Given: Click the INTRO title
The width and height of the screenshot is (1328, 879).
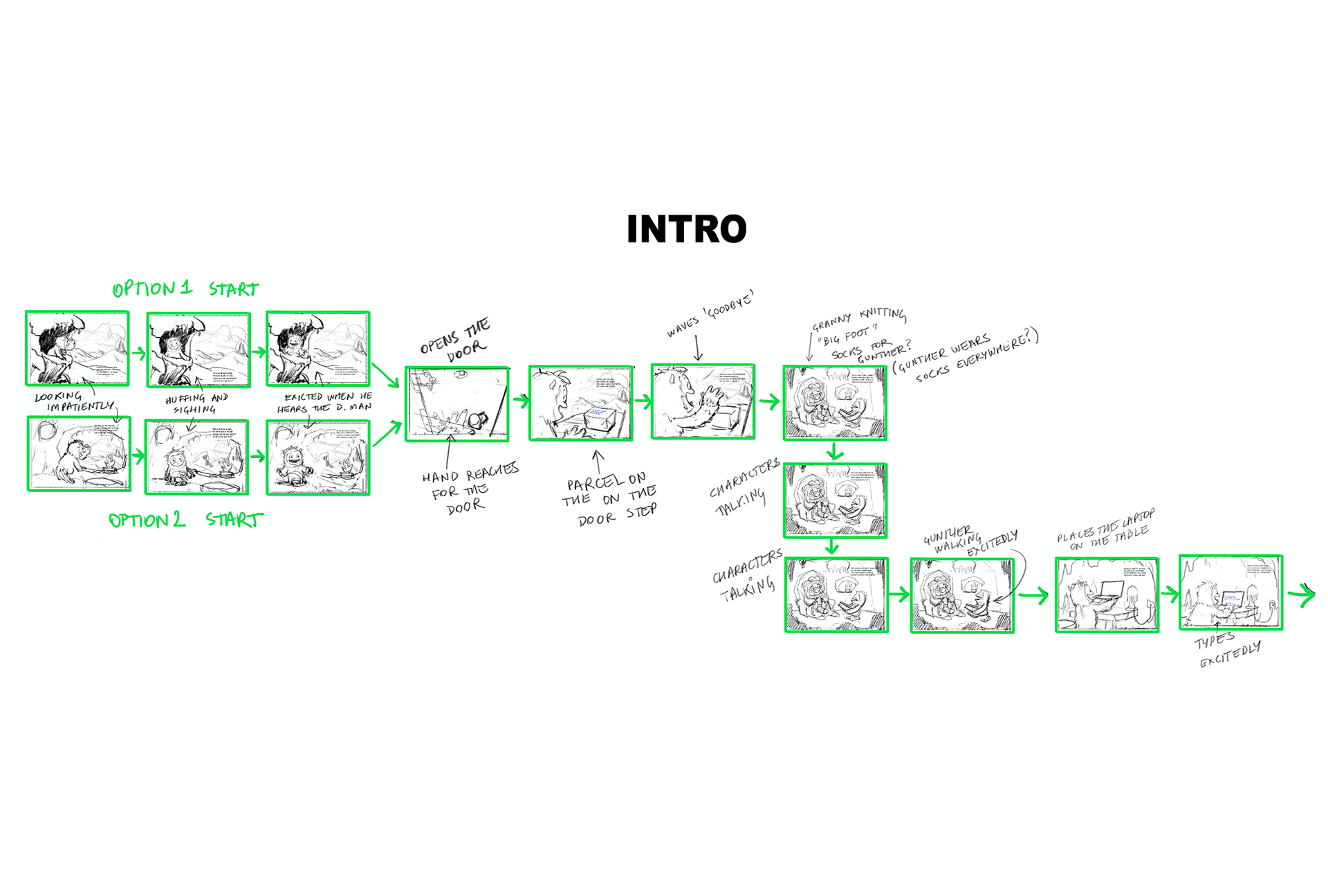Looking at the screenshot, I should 686,229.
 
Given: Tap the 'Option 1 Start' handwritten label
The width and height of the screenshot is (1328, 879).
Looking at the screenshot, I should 185,289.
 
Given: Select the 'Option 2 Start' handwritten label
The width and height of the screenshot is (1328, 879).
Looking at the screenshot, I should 185,520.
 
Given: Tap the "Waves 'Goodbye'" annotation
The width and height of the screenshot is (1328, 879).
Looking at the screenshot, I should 710,313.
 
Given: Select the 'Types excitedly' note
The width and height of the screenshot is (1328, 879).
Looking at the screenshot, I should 1228,651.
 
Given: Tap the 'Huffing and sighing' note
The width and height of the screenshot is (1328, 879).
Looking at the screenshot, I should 196,404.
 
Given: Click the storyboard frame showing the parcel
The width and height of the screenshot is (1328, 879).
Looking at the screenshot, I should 581,404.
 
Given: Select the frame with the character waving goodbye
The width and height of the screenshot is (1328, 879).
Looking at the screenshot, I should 703,402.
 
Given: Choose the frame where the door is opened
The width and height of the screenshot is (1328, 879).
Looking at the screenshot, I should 457,404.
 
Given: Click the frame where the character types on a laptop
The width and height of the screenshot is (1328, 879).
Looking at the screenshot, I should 1231,592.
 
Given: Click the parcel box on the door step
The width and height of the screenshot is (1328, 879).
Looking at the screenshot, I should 598,419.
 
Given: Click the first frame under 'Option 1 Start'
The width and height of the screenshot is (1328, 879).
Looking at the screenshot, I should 77,348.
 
